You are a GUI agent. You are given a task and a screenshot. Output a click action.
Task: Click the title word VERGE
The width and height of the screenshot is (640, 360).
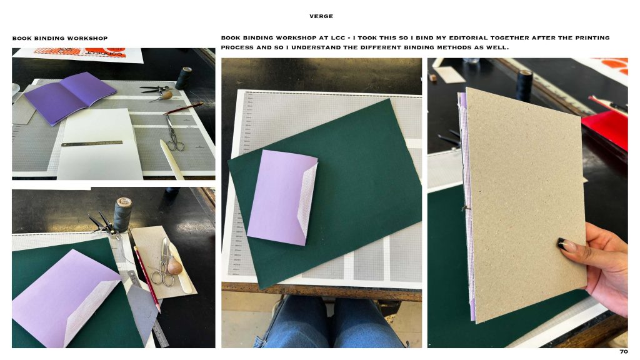321,16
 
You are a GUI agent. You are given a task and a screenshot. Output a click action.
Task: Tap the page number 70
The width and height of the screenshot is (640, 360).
624,351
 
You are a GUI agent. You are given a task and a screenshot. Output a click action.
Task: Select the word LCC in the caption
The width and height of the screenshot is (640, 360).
338,38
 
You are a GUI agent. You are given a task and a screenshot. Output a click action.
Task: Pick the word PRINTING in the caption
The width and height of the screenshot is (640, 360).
592,38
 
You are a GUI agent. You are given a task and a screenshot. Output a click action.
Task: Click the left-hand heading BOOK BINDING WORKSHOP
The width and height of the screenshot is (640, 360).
60,38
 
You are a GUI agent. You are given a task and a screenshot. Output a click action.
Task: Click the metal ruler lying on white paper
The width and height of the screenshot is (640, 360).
92,143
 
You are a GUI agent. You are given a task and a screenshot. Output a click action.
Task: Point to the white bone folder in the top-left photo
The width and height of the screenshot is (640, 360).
172,159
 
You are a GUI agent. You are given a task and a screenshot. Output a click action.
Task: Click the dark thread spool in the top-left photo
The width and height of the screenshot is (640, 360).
184,78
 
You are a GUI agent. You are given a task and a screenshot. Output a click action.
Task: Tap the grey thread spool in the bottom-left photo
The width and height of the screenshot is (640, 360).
122,214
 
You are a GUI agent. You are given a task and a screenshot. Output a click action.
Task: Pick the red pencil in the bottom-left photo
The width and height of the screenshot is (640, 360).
146,278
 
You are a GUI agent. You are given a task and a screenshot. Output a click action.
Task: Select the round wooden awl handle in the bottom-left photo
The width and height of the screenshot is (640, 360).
174,266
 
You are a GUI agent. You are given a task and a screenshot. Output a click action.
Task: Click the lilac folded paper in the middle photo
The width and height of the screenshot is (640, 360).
282,197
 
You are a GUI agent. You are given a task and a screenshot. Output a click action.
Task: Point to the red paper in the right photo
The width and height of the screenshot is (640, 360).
606,126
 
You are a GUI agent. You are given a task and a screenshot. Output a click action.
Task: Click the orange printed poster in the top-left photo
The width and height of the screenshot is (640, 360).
78,54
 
